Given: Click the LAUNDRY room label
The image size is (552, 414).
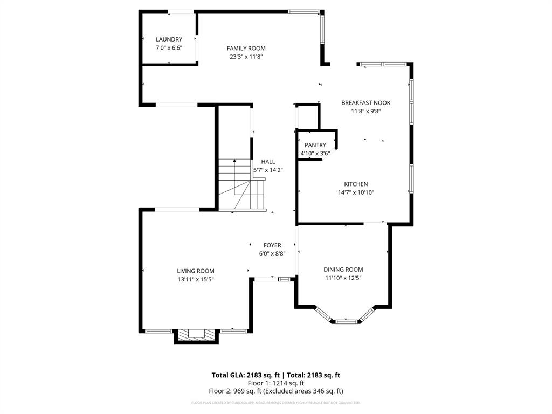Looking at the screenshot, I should (169, 39).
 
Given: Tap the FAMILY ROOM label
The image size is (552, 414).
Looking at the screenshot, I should (246, 49).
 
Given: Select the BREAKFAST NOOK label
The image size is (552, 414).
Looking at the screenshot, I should (365, 103).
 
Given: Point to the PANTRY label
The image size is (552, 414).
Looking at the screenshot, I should (315, 145).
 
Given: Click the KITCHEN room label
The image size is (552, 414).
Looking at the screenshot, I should (356, 184).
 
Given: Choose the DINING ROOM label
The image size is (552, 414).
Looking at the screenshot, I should (343, 270).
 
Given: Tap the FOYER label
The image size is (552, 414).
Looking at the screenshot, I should (272, 245).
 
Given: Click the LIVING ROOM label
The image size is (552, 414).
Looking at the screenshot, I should (196, 271).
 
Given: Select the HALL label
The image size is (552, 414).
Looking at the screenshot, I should (268, 162).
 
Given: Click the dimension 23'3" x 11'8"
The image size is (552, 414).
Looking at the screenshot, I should (246, 57).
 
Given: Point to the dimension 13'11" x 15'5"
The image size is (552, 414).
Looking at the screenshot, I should (196, 279).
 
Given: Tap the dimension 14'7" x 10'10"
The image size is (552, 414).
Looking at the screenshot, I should (356, 192).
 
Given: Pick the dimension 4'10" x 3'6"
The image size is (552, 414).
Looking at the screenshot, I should (315, 153).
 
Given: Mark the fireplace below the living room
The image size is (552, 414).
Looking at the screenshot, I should (196, 335).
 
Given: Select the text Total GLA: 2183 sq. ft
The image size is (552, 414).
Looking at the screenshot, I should (245, 375).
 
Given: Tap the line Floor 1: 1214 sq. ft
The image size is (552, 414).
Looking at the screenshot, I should (275, 383).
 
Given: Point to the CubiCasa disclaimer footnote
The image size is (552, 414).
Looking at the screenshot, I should (275, 403).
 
